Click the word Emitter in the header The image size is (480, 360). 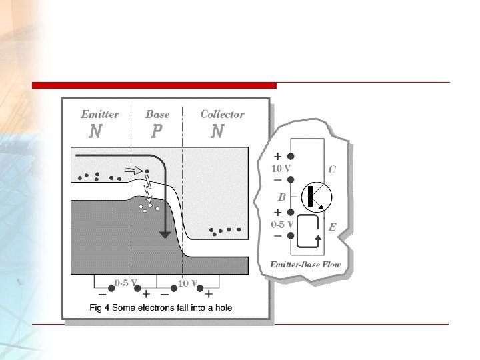[x=100, y=114]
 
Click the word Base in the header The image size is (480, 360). [x=157, y=114]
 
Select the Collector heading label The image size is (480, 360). [x=222, y=114]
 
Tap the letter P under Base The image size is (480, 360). [x=156, y=131]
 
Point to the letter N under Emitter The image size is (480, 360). [x=95, y=131]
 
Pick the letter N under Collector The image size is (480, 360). [x=217, y=131]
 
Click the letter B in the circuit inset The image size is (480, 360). [x=282, y=197]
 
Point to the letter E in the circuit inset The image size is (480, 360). [x=332, y=227]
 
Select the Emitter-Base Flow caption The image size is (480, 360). [x=305, y=265]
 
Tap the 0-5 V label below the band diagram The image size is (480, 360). [x=125, y=282]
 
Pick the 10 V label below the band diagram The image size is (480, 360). [x=187, y=282]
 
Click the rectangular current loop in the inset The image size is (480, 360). [x=309, y=232]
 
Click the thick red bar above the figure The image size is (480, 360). [x=154, y=85]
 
